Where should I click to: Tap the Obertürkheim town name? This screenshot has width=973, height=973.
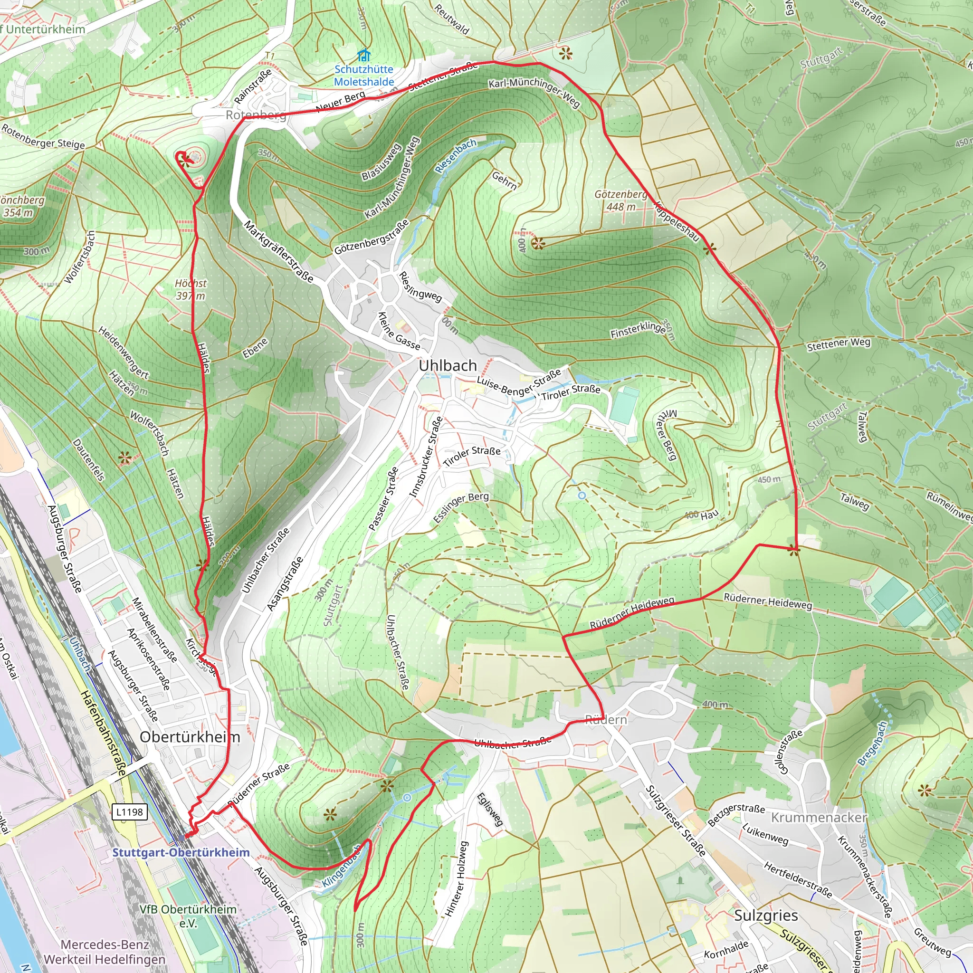[190, 737]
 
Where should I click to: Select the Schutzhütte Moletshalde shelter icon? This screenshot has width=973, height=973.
[363, 55]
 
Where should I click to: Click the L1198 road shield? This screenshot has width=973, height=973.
[129, 812]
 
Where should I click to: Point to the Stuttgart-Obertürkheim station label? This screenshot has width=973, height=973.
[181, 852]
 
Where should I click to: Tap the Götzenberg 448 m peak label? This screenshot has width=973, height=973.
[620, 200]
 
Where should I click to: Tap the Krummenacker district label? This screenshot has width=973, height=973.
[819, 817]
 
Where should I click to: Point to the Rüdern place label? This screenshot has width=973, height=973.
[606, 720]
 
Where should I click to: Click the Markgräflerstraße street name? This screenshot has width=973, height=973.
[278, 251]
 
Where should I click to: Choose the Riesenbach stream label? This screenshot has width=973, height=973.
[455, 156]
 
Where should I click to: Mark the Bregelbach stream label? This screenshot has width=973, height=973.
[872, 744]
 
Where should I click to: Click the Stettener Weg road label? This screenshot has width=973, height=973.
[839, 344]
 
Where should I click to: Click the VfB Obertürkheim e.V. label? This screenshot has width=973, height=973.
[188, 916]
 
